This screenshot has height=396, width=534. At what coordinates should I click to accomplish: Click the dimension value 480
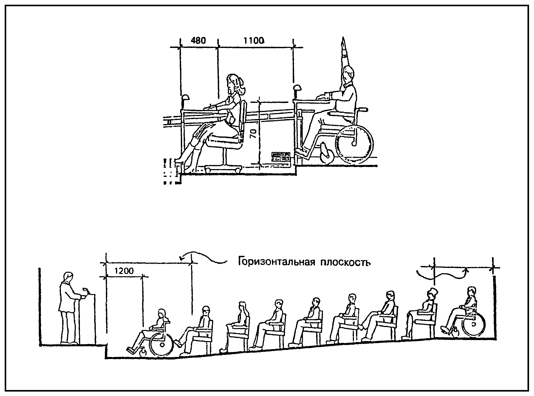click(x=198, y=41)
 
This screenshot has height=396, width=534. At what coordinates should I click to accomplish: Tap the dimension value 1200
click(x=124, y=271)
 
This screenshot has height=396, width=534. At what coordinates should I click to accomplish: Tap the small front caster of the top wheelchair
click(x=327, y=156)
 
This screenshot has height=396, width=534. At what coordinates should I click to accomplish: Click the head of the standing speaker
click(x=68, y=277)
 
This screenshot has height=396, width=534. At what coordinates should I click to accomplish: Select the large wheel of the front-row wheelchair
click(x=162, y=345)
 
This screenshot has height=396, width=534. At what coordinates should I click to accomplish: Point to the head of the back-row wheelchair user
click(x=471, y=292)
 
